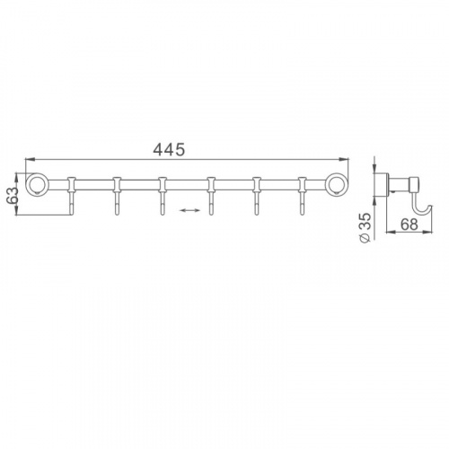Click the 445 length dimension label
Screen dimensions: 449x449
169,150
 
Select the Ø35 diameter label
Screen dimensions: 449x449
365,227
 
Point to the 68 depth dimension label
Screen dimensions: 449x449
409,224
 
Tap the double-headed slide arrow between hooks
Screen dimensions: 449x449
189,211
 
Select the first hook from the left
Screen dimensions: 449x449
72,196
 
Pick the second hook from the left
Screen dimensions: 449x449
117,196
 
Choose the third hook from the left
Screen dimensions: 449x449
163,196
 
